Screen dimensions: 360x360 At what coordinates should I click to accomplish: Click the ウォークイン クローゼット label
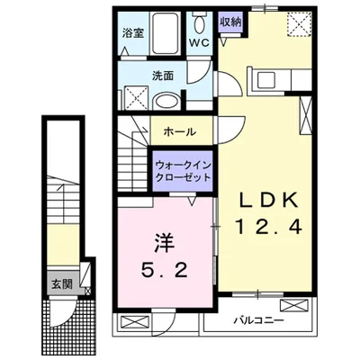184,171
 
